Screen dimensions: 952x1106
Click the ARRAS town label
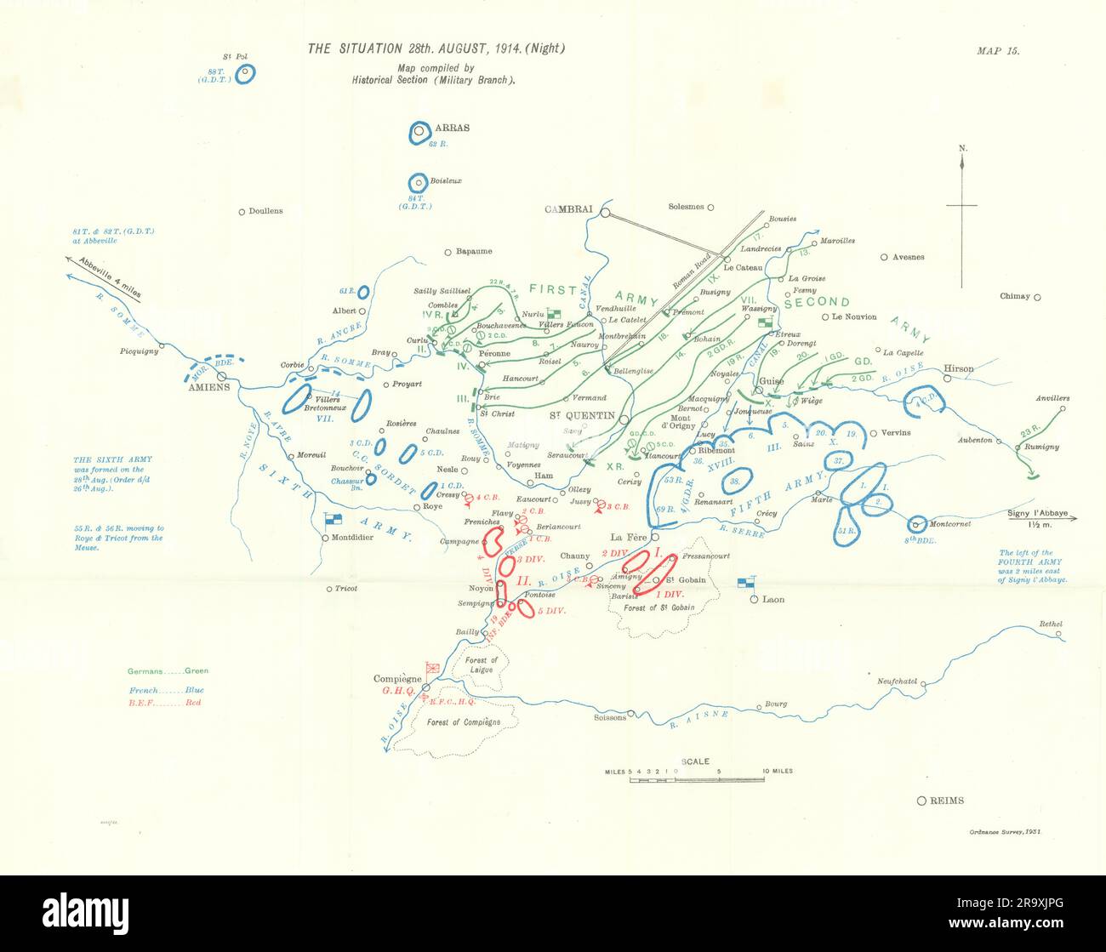452,128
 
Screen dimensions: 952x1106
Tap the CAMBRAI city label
571,210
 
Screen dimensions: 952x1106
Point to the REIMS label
947,801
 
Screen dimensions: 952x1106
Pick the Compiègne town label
398,679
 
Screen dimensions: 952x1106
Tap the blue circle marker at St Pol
245,74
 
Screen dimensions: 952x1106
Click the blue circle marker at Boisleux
418,183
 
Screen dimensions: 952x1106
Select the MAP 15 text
998,50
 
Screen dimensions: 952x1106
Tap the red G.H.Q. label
397,692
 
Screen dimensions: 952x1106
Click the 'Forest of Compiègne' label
464,722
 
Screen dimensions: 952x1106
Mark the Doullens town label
265,211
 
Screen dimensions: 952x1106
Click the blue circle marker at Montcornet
917,523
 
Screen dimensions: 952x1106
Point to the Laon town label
773,599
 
